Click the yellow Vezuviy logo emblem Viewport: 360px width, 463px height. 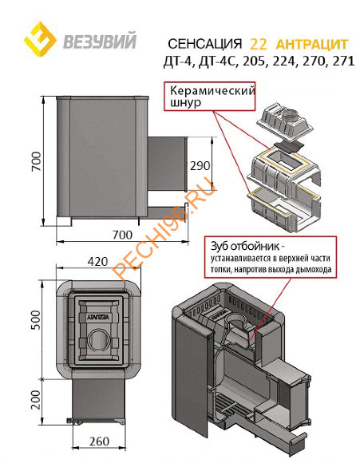click(40, 39)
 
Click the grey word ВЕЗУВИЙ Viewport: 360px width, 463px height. click(100, 41)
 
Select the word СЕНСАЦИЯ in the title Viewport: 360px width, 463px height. click(204, 44)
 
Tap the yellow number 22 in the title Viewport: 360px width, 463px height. click(259, 44)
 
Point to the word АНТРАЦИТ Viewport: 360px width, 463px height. click(312, 44)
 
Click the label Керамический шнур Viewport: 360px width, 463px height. click(212, 97)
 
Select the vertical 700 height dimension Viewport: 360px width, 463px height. click(36, 161)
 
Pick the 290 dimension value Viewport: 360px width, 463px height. click(200, 166)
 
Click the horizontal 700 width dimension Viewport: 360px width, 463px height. click(122, 235)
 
